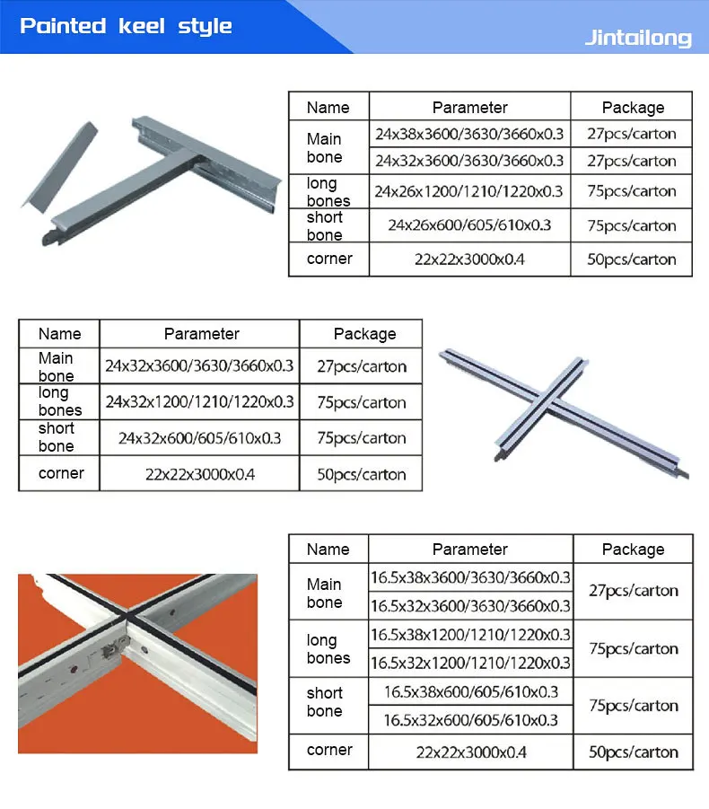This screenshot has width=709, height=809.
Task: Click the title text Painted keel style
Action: (x=126, y=25)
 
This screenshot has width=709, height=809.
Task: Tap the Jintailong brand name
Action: (x=638, y=38)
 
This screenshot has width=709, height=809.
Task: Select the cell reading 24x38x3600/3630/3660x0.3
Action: (x=469, y=135)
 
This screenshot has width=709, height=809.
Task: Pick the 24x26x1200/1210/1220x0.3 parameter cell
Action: (x=469, y=191)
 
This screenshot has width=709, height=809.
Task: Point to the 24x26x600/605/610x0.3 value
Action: (x=469, y=225)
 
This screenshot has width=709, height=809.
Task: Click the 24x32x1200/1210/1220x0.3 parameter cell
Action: (x=199, y=402)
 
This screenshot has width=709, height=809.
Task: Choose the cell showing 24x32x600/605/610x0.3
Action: (x=199, y=438)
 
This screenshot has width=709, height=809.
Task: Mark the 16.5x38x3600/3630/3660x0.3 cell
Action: (x=470, y=577)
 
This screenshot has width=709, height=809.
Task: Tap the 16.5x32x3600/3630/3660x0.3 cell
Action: (x=470, y=605)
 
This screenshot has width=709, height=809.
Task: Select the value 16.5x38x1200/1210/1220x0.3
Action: (x=470, y=635)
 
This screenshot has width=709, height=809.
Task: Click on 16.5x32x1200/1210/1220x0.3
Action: (x=470, y=663)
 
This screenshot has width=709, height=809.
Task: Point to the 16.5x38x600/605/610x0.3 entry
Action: (x=470, y=691)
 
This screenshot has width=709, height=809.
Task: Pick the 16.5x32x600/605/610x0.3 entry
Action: (x=470, y=720)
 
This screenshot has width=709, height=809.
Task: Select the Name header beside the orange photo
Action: (x=328, y=549)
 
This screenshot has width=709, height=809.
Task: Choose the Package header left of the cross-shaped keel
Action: (x=364, y=334)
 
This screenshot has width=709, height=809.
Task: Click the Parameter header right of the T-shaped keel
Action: (x=469, y=108)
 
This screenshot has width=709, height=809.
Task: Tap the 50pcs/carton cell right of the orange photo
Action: (x=633, y=752)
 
